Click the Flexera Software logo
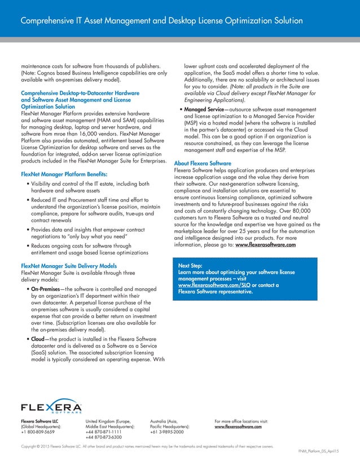(51, 407)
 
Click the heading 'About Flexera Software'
(207, 163)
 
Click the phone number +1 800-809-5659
(38, 432)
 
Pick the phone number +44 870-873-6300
(103, 438)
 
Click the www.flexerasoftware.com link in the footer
(239, 427)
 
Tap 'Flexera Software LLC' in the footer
(39, 421)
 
